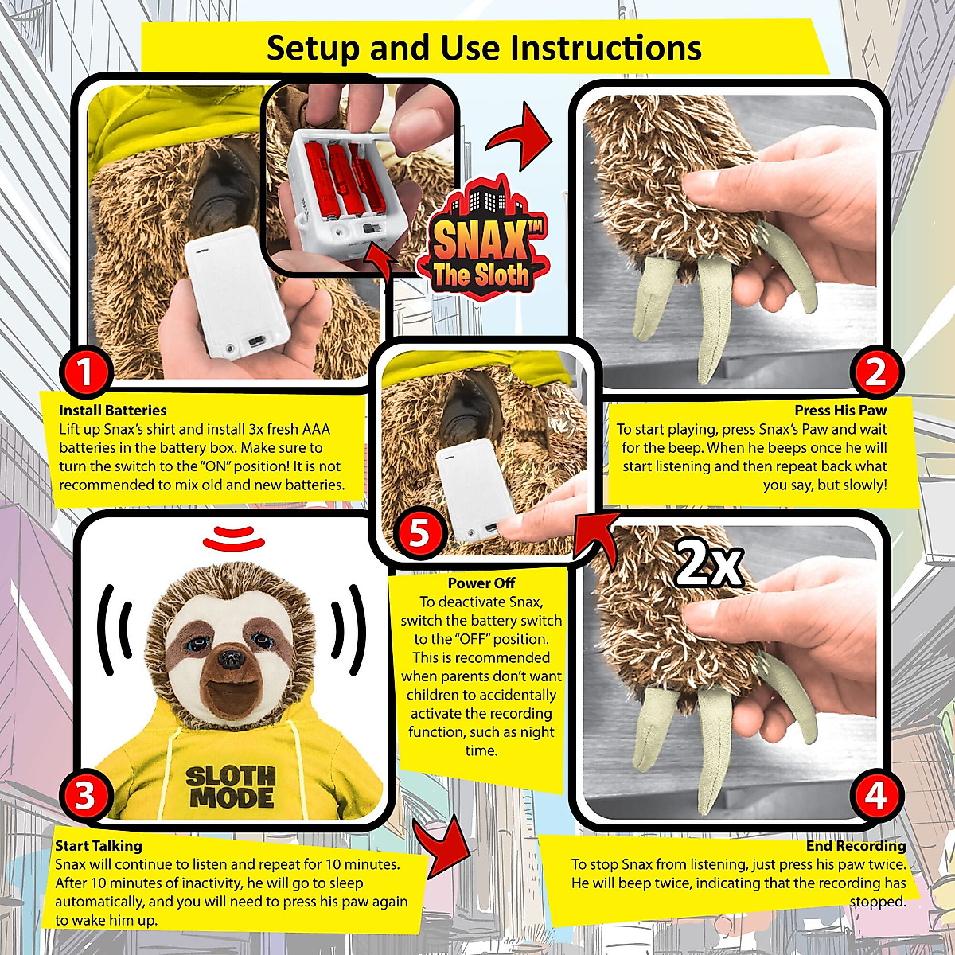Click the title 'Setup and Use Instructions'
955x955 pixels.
click(483, 48)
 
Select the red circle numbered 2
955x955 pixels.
click(875, 371)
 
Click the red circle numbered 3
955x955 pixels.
click(85, 795)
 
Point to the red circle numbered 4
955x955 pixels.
click(875, 795)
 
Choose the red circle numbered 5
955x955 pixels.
click(419, 532)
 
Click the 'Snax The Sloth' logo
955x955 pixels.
click(480, 239)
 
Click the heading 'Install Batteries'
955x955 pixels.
click(112, 411)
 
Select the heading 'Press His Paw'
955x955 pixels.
click(840, 411)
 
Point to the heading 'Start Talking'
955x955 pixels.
click(98, 846)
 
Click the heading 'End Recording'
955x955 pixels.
click(856, 846)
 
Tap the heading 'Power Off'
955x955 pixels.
click(481, 583)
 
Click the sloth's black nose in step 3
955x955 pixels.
click(232, 657)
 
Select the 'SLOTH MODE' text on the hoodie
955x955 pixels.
click(231, 786)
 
